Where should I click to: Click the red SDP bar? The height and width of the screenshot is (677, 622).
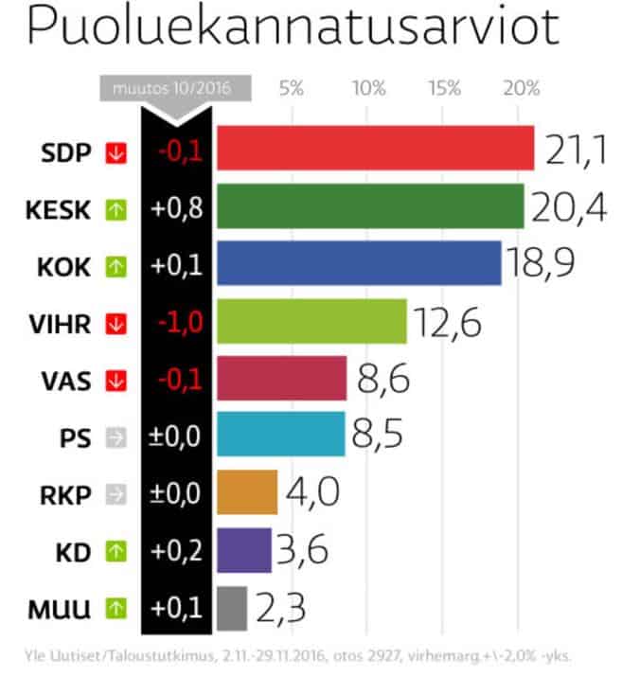[375, 149]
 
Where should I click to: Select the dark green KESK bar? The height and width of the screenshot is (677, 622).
[370, 206]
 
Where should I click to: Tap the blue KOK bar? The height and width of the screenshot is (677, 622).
[359, 264]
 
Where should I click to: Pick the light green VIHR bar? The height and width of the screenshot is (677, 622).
[311, 322]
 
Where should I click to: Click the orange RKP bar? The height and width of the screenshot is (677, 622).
[247, 492]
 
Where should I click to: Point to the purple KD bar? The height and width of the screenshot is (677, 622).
[244, 550]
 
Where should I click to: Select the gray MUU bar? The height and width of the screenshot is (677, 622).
[232, 608]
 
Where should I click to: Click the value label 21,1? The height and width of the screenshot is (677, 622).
[574, 150]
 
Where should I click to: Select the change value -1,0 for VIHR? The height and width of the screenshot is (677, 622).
[176, 323]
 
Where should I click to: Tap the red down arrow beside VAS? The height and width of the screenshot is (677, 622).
[116, 380]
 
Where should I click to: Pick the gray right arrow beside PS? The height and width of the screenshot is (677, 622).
[116, 437]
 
